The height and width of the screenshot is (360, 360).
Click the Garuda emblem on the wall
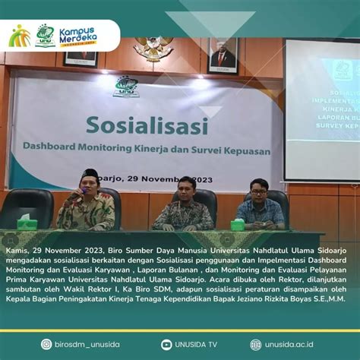pos(153,49)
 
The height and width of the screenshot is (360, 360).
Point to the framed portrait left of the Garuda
pos(81,57)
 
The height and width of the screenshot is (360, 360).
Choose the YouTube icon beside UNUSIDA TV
pos(166,344)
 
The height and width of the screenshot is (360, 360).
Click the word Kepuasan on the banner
pos(244,150)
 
